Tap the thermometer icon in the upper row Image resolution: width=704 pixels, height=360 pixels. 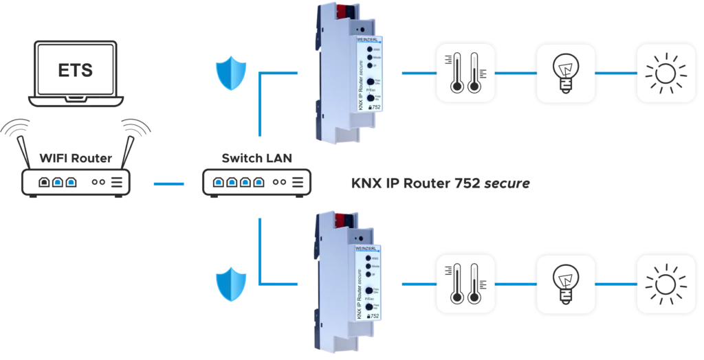coord(465,73)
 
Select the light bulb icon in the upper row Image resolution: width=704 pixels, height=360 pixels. coord(565,73)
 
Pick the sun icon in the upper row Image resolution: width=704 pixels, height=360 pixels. coord(664,73)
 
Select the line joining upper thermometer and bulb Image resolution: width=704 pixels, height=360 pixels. coord(515,73)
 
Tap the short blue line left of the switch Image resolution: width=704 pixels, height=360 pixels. coord(168,183)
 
